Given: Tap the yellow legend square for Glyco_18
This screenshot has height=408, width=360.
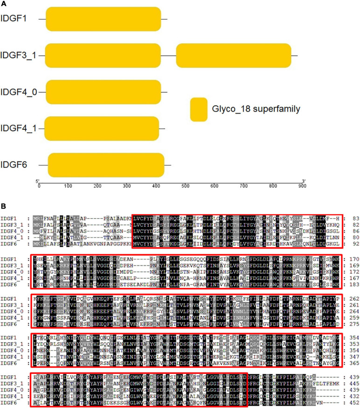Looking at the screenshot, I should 199,109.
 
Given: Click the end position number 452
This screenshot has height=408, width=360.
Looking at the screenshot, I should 353,399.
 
